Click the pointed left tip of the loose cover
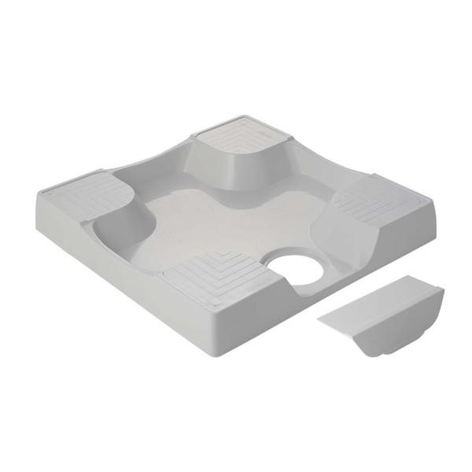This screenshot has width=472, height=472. coord(320,318)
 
